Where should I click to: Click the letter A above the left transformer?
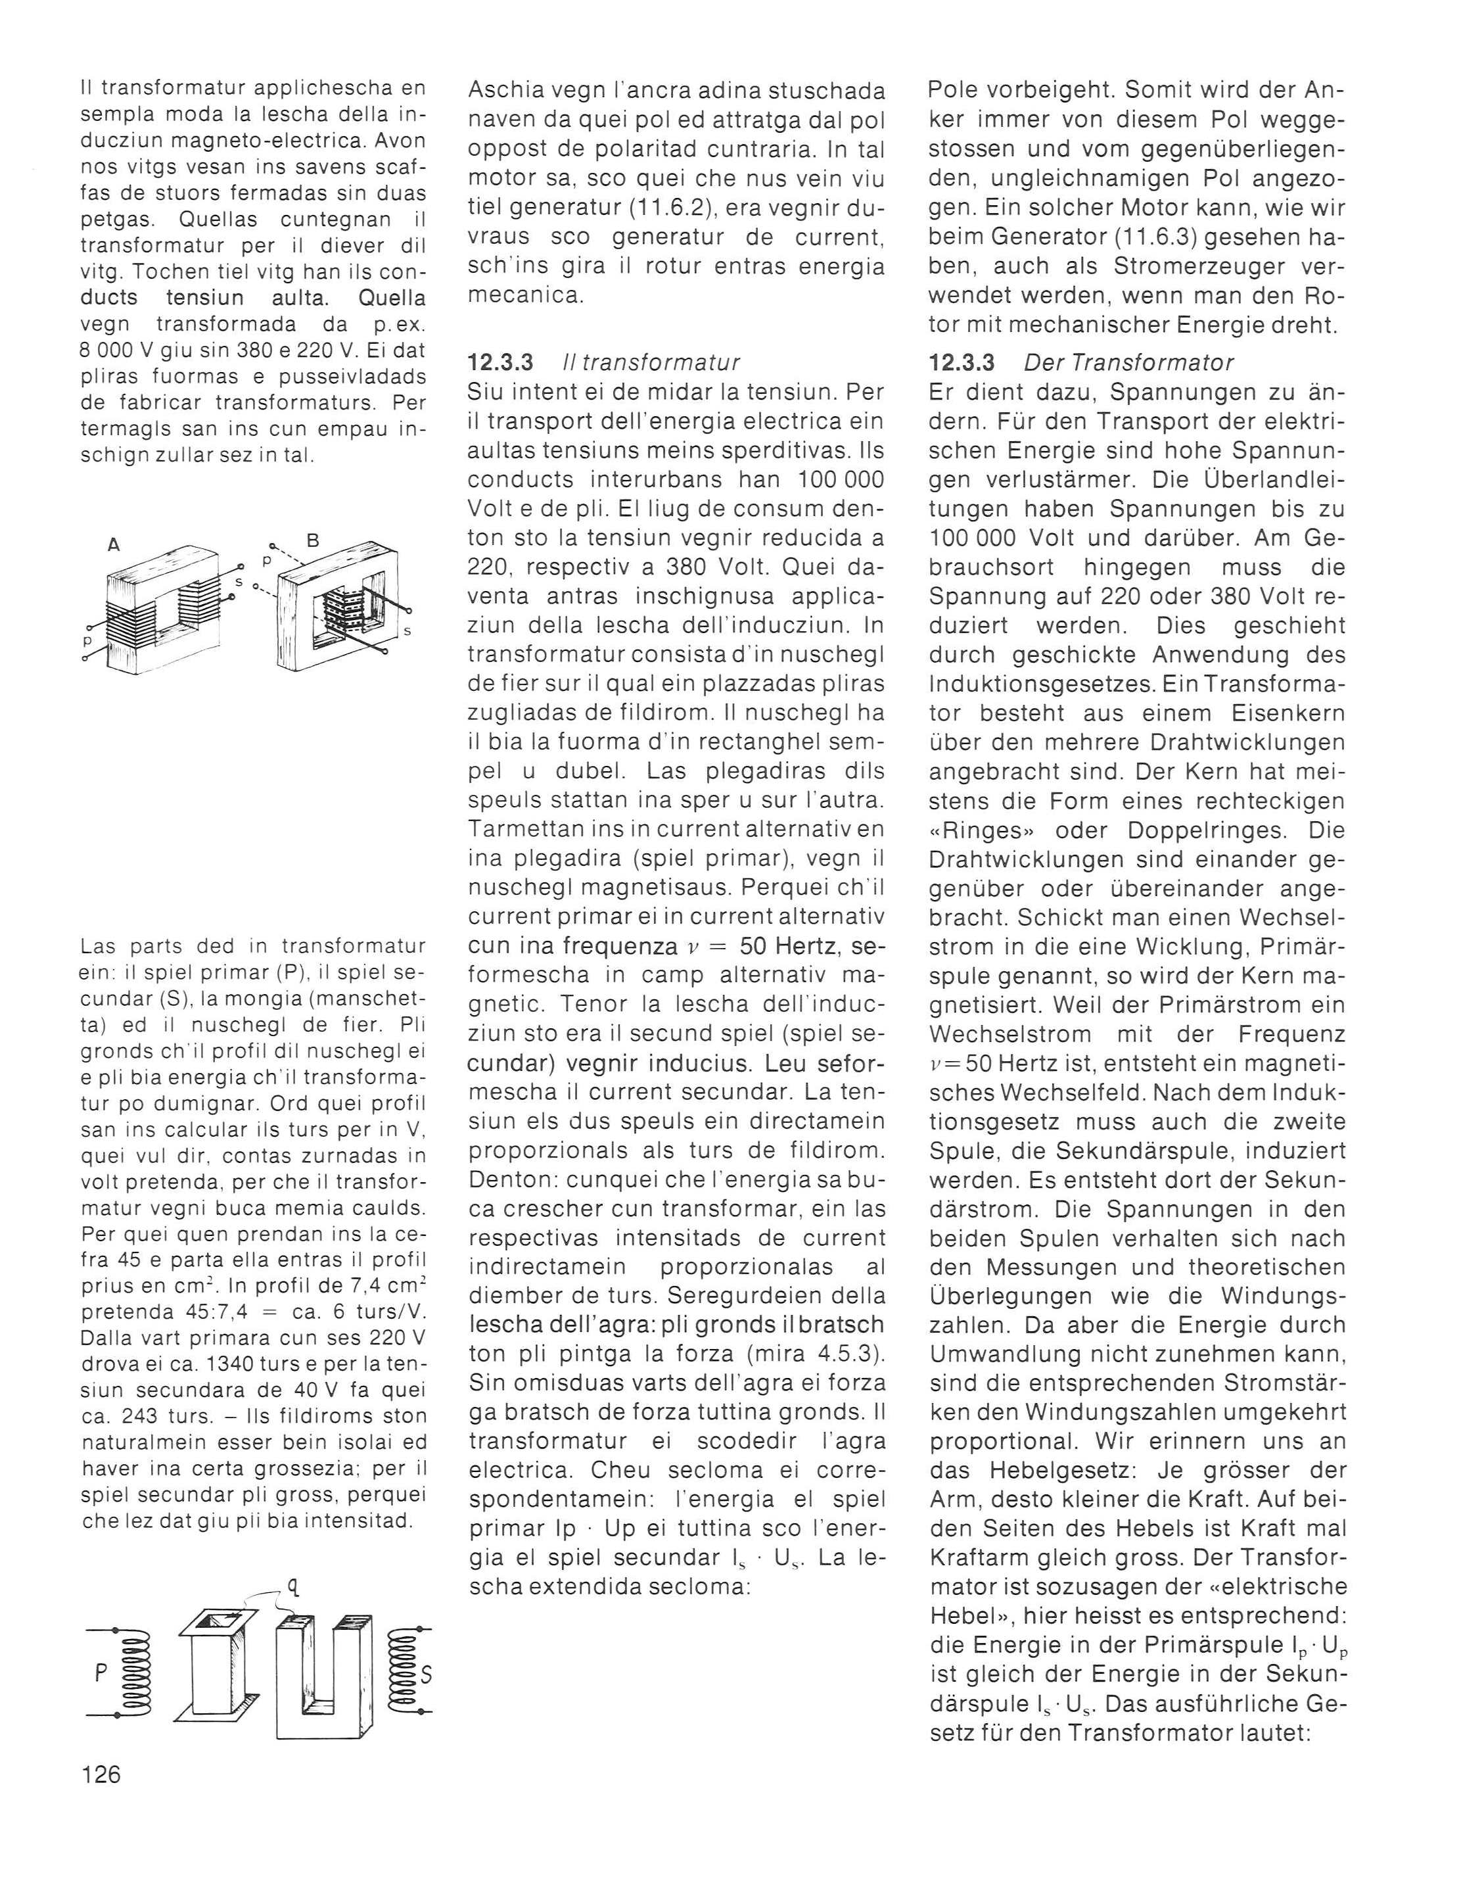point(113,546)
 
